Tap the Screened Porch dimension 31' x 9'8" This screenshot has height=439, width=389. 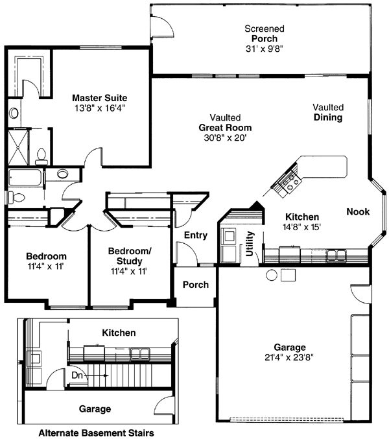point(264,49)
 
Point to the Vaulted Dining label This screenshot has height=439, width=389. point(327,112)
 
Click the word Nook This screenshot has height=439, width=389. point(358,211)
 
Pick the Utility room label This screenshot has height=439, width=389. point(251,245)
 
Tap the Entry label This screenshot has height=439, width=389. point(195,235)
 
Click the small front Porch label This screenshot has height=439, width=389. point(195,285)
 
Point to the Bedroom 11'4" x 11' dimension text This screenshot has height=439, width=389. point(46,266)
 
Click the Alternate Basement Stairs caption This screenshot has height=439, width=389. point(96,432)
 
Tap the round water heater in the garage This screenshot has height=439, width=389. point(271,274)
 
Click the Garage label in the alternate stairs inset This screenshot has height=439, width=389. point(95,409)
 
